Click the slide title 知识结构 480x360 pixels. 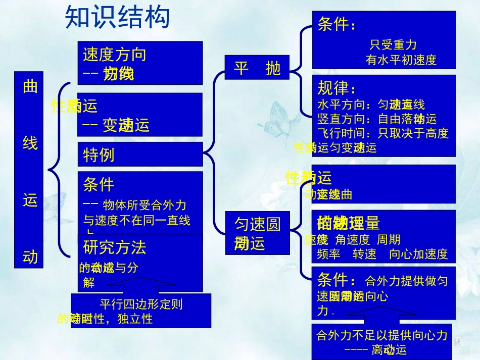[117, 18]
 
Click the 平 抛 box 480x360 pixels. [257, 68]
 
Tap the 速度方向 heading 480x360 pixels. [115, 55]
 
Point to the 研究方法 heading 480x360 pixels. [115, 247]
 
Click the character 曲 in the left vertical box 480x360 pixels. [30, 87]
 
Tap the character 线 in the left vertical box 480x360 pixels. [30, 143]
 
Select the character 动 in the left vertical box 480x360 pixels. [30, 258]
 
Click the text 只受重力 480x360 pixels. [393, 45]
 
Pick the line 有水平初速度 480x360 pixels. [401, 60]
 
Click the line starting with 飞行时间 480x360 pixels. [382, 133]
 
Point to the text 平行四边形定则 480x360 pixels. [141, 304]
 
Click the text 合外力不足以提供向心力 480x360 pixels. [382, 335]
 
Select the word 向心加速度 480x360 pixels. [418, 254]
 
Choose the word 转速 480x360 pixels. [364, 254]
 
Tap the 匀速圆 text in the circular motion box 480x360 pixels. [257, 224]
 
